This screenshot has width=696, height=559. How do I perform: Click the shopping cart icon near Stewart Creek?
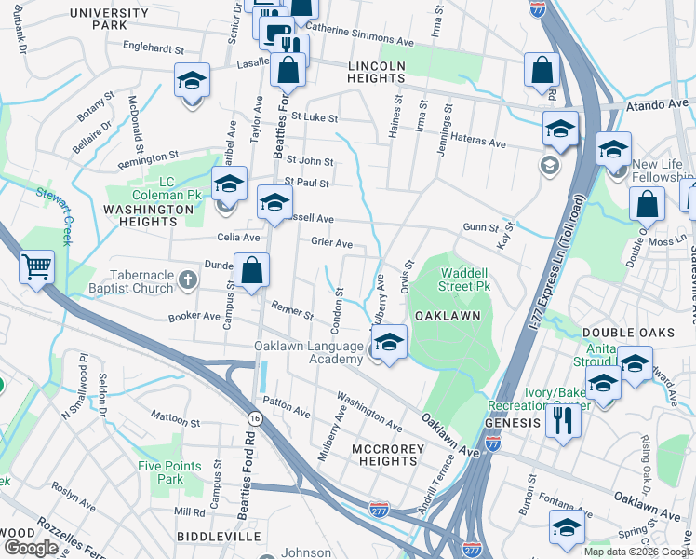pos(36,268)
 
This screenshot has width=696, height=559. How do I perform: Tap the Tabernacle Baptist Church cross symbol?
pos(187,279)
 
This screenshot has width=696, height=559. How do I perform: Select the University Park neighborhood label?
pos(109,19)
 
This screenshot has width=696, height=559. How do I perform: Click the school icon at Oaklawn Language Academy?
pos(390,342)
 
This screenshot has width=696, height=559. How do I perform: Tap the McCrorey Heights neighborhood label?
pos(388,456)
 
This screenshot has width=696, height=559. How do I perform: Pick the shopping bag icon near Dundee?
pos(252,272)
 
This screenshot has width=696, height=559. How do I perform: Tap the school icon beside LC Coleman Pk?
pos(229,184)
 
